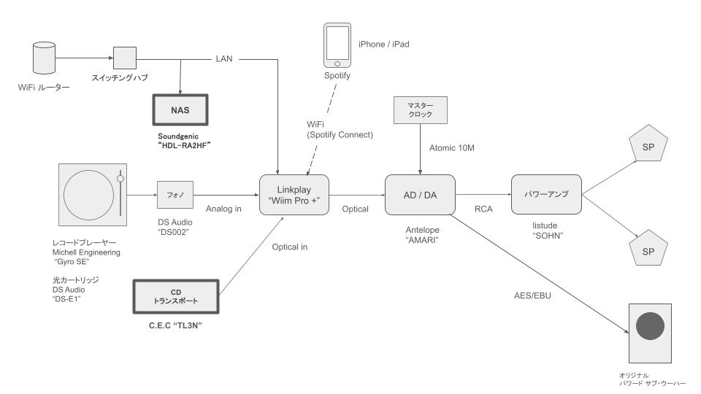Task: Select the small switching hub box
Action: pyautogui.click(x=124, y=58)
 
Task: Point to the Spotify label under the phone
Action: pyautogui.click(x=337, y=75)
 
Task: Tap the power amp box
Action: pyautogui.click(x=545, y=194)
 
